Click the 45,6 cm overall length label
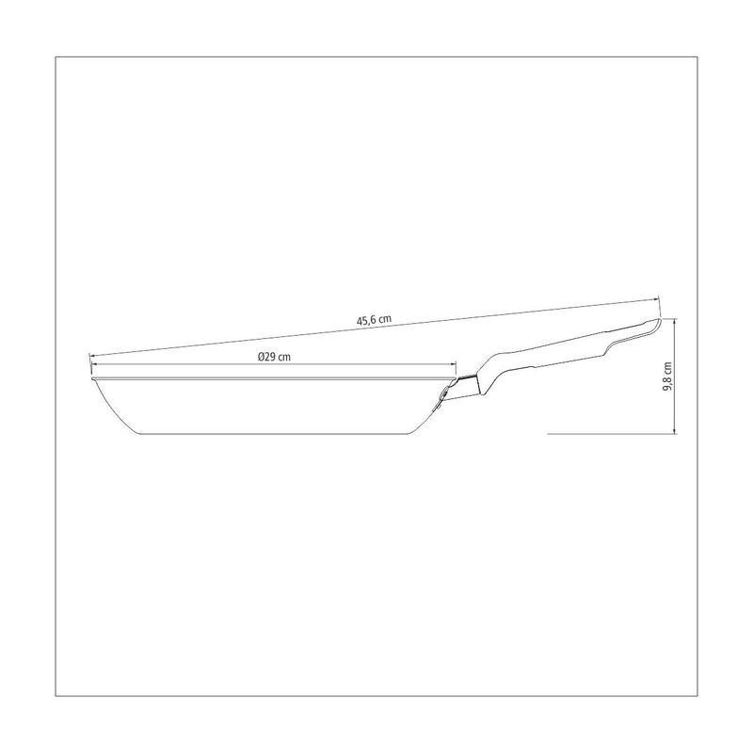point(374,320)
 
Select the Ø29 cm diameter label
point(274,357)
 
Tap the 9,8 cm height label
point(668,376)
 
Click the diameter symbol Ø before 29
point(261,357)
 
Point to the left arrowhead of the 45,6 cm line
point(92,356)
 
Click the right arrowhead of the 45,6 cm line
point(656,299)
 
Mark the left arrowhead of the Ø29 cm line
point(92,364)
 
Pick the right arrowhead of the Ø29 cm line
point(453,364)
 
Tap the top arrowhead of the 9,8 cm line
point(675,321)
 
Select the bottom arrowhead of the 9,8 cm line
point(675,431)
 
